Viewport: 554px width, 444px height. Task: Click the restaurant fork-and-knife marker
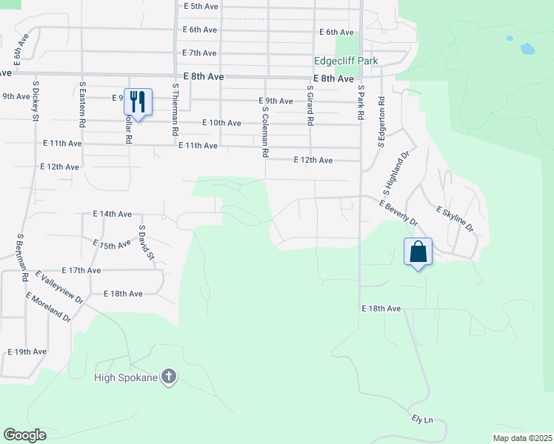tap(138, 101)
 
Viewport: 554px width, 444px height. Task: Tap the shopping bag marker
tap(418, 251)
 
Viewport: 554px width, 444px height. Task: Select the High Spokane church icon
tap(169, 377)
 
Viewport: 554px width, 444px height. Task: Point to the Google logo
tap(25, 434)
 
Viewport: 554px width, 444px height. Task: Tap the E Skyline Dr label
tap(453, 218)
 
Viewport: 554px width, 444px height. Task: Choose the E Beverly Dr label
tap(398, 212)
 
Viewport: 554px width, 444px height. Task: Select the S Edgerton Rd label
tap(381, 121)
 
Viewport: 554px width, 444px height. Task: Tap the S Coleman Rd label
tap(264, 131)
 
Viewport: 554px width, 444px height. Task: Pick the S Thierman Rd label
tap(176, 109)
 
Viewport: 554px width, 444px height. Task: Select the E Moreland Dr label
tap(47, 308)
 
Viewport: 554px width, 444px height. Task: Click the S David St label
tap(146, 243)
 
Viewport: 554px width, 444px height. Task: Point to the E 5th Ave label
tap(201, 6)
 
